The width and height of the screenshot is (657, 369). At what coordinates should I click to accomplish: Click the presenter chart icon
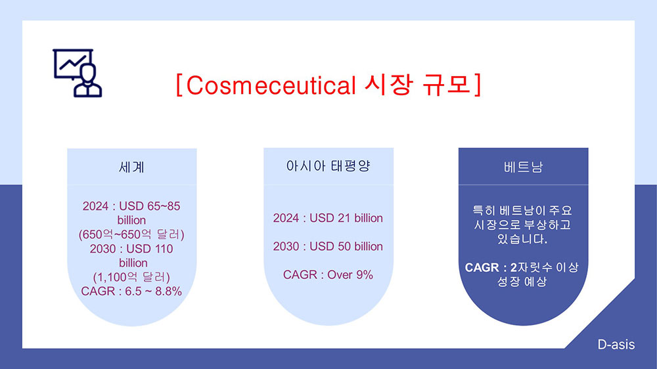point(77,73)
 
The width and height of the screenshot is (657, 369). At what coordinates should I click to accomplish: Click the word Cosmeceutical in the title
point(271,85)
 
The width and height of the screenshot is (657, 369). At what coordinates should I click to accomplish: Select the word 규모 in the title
point(447,85)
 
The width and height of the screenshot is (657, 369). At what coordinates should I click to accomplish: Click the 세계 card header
point(131,167)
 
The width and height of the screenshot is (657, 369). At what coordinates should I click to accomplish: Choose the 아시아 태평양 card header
point(328,166)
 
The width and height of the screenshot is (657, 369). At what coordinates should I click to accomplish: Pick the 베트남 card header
point(523,167)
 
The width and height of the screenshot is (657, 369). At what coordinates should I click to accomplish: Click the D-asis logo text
point(616,345)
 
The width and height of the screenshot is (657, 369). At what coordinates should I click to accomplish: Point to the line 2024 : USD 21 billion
point(328,218)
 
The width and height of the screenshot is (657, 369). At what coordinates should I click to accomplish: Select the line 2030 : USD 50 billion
point(328,246)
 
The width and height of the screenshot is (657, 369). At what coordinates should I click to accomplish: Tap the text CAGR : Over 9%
point(328,274)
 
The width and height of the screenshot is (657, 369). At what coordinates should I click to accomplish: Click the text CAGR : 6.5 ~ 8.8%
point(131,291)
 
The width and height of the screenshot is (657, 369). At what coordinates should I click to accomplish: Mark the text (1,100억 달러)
point(131,277)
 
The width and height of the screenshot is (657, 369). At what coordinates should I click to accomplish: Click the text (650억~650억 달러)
point(131,234)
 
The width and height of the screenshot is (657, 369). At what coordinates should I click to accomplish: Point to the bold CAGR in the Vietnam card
point(482,267)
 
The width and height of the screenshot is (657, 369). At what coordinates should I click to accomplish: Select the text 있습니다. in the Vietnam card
point(522,239)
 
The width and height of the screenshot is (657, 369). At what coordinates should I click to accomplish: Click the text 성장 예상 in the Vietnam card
point(522,282)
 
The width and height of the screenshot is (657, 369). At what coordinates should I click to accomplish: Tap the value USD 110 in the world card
point(150,249)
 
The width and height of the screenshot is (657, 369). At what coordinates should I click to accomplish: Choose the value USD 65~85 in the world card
point(150,206)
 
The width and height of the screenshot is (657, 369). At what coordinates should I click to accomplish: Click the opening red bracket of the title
point(179,85)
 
